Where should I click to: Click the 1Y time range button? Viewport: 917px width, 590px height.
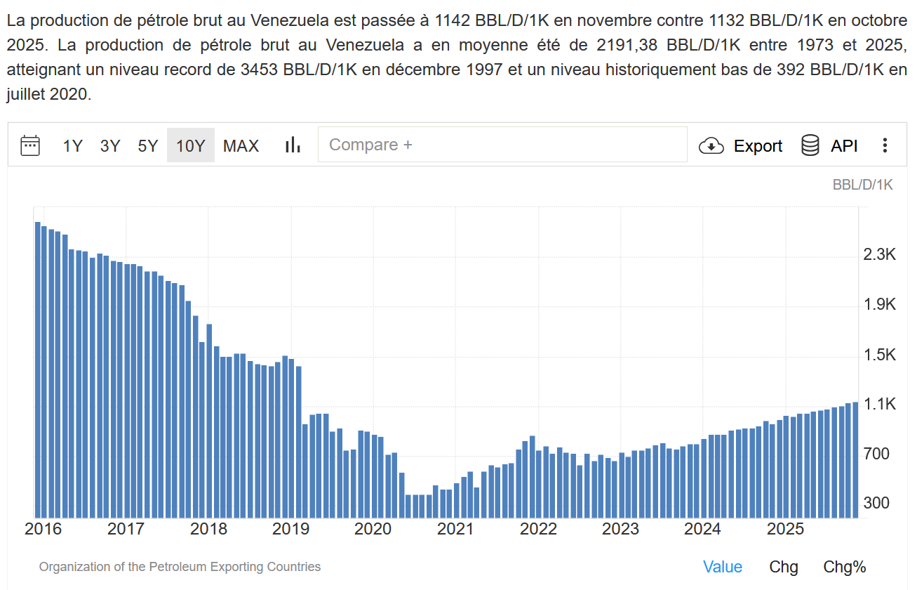point(73,146)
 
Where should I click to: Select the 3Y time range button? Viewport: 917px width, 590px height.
point(110,146)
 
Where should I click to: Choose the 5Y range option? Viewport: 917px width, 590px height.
point(148,146)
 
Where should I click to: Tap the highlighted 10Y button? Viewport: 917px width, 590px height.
point(190,146)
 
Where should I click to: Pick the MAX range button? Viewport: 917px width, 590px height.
point(241,146)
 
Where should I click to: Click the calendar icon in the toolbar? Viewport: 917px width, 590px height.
point(30,145)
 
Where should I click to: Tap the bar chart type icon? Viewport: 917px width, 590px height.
point(293,145)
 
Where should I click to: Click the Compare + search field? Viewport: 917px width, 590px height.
point(502,145)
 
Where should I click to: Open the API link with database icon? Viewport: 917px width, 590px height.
point(830,146)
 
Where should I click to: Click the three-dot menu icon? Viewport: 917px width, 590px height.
point(885,145)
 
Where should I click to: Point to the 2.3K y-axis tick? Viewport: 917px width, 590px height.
point(880,254)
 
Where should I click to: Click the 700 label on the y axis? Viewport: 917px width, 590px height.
point(876,454)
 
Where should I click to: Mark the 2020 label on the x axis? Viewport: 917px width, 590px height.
point(373,529)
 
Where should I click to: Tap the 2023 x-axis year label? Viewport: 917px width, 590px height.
point(620,529)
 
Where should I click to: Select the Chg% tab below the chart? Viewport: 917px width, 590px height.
point(845,567)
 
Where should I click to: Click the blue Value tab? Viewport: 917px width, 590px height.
point(723,567)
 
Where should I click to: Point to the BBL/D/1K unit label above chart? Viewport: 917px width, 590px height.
point(862,185)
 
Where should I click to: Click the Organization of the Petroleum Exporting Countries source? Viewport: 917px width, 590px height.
point(180,567)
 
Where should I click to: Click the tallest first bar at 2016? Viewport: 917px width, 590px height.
point(37,369)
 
